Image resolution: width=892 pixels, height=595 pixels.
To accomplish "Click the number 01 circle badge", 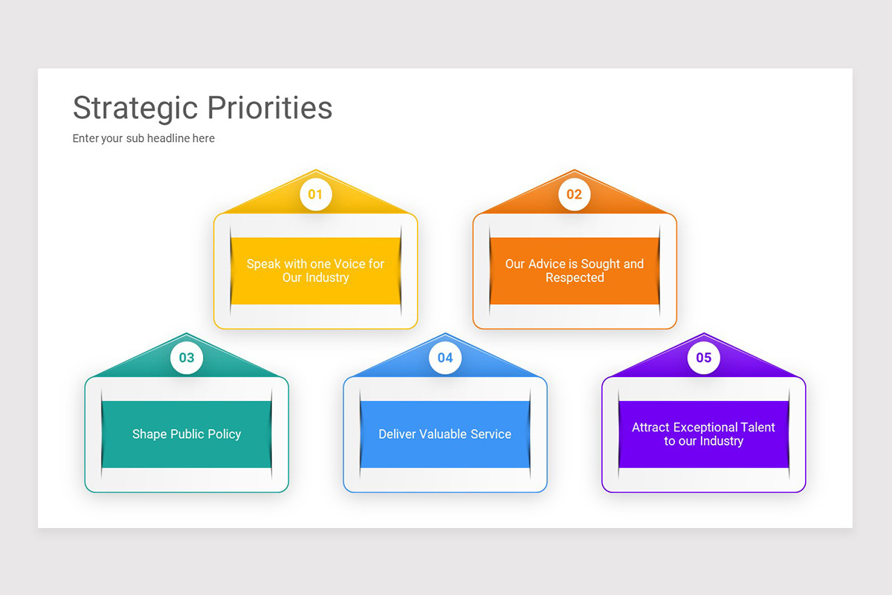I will click(x=316, y=194).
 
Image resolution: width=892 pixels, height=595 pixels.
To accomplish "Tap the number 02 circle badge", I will click(x=575, y=194).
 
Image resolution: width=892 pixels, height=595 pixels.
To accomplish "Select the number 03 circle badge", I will click(x=187, y=358).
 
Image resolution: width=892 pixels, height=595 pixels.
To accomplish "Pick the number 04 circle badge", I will click(x=445, y=358).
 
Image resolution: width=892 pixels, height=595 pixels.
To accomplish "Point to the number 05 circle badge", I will click(x=704, y=358).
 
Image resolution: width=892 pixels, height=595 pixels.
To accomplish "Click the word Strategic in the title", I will click(x=135, y=108).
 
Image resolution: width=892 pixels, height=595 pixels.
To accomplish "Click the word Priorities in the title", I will click(x=269, y=108).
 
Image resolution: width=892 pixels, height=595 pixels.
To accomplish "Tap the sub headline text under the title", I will click(x=143, y=138).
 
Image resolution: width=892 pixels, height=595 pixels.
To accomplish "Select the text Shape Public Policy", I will click(x=187, y=434).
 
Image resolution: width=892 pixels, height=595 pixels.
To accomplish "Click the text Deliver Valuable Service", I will click(x=445, y=434).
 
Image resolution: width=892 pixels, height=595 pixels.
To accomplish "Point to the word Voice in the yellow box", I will click(x=349, y=264).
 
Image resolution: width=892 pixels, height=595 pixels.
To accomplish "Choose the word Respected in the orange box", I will click(x=575, y=278).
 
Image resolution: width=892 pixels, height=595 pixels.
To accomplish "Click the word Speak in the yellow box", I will click(x=263, y=264).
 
